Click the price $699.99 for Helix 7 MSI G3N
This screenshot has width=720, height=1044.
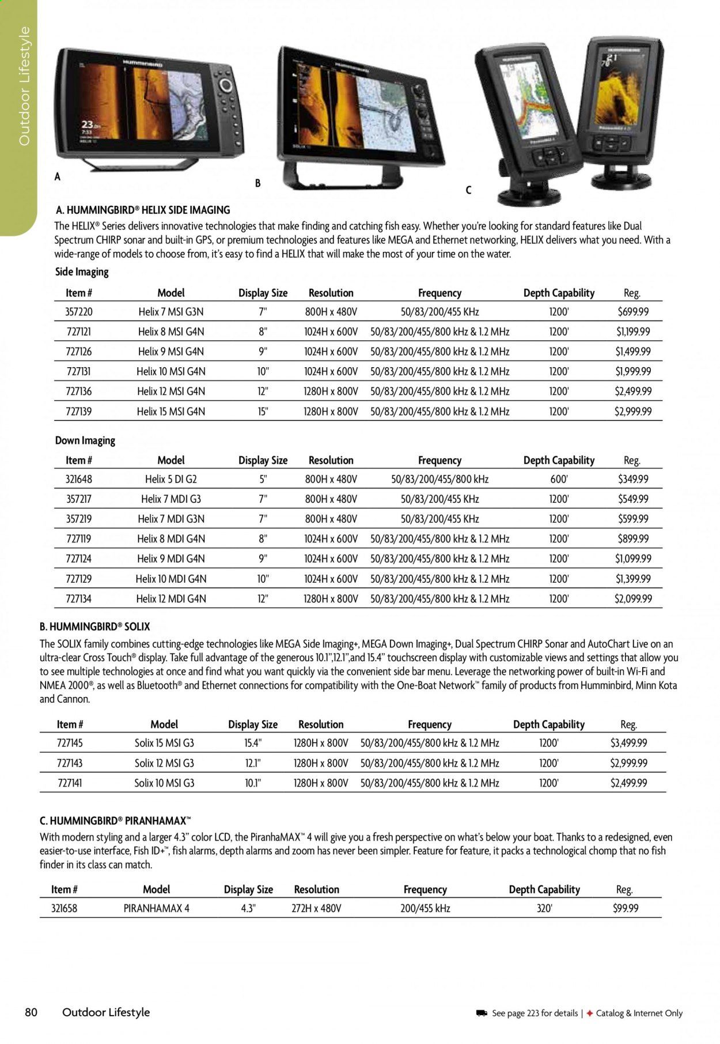[632, 312]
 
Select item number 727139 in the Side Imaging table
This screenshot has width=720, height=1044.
[79, 412]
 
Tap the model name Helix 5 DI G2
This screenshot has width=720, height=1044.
[171, 479]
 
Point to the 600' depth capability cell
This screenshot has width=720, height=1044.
[559, 479]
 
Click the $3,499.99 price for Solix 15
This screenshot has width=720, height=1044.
[628, 743]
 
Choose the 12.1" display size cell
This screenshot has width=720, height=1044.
[253, 763]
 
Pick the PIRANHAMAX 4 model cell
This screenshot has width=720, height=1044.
[157, 909]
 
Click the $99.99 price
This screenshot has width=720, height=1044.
[626, 909]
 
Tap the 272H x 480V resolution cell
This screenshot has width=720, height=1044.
[316, 909]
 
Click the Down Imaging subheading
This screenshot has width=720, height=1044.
[85, 440]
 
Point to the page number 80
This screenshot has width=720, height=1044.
[31, 1012]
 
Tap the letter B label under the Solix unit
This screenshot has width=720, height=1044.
[258, 183]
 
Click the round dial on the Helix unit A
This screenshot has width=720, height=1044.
[225, 86]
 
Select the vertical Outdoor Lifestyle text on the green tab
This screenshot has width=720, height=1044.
[24, 86]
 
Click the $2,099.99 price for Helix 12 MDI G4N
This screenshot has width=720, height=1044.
[633, 599]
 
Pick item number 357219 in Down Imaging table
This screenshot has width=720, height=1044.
[79, 519]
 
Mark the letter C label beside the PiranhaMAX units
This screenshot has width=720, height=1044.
[468, 190]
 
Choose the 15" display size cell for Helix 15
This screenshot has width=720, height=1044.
[263, 412]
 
